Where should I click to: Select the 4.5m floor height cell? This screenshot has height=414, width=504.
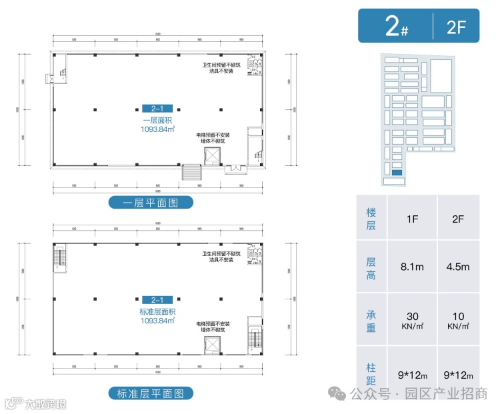458,267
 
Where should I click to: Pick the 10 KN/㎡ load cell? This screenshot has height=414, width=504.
458,320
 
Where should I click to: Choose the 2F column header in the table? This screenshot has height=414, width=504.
458,218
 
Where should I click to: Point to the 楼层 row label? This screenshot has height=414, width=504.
371,218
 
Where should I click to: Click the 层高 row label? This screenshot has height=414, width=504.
371,267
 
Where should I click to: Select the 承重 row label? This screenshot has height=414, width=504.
371,320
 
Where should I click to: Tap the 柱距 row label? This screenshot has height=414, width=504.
371,374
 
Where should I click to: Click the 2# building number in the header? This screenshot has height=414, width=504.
397,26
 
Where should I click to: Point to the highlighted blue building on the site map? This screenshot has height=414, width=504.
397,173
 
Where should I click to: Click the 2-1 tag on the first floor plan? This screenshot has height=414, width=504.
157,108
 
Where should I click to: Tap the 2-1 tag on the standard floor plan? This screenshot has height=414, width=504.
157,300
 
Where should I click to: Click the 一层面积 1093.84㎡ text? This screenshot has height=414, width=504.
157,124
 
